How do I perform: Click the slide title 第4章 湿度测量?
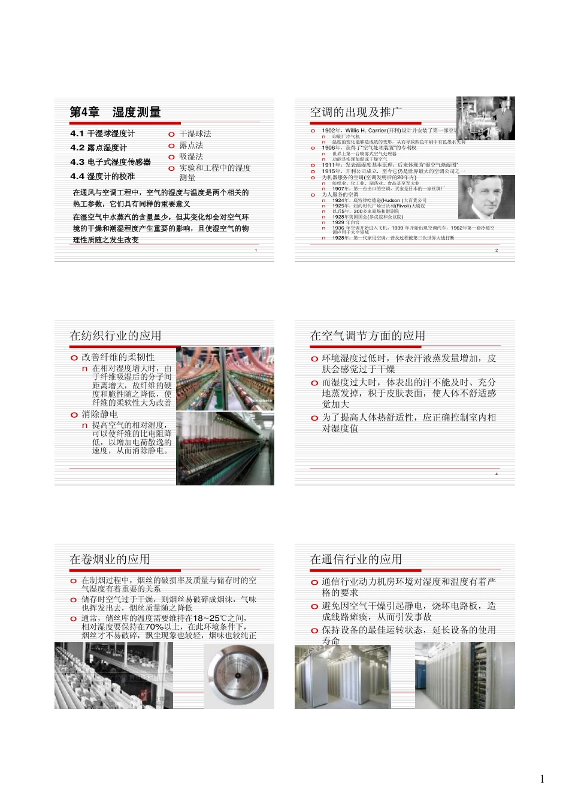click(x=115, y=112)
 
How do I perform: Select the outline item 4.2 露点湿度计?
click(x=98, y=147)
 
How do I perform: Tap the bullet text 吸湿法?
click(x=191, y=156)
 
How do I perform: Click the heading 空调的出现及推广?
click(x=356, y=112)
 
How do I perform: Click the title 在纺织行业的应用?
click(x=115, y=336)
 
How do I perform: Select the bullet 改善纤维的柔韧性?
click(x=118, y=357)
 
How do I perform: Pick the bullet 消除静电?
click(x=100, y=414)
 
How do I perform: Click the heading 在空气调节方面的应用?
click(x=367, y=336)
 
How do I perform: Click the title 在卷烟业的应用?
click(x=110, y=559)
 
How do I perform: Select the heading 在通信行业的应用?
click(x=356, y=559)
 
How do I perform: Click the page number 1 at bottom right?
click(x=542, y=779)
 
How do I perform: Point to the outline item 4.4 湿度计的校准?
click(x=102, y=176)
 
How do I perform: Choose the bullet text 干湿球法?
click(x=195, y=134)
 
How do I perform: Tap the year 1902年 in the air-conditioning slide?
click(x=331, y=130)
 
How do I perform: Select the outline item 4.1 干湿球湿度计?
click(x=102, y=133)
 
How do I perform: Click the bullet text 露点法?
click(x=191, y=145)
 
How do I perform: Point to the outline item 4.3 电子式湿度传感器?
click(x=110, y=162)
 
